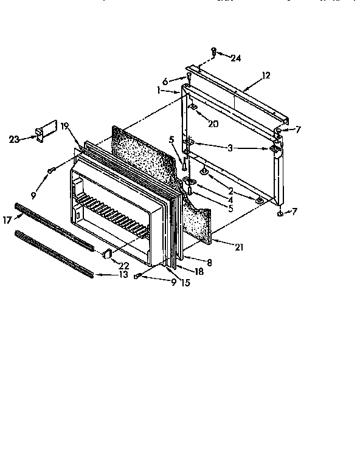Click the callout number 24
tap(237, 58)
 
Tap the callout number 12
tap(266, 75)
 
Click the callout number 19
tap(65, 127)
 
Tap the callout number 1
tap(158, 90)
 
